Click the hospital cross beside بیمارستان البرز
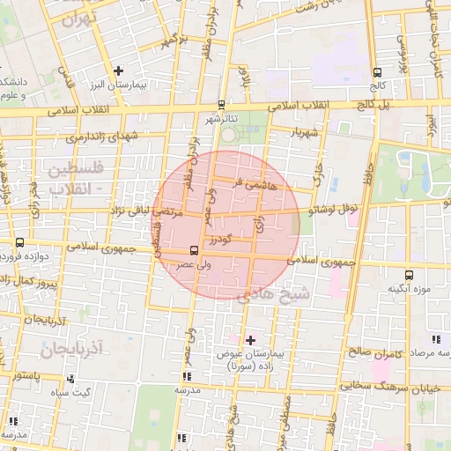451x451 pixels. [x=119, y=70]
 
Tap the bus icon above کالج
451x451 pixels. [x=378, y=73]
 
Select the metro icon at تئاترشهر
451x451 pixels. [x=220, y=103]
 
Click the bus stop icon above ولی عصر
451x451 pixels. [x=194, y=250]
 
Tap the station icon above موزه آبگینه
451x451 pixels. [x=408, y=275]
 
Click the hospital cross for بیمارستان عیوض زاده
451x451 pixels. [x=250, y=340]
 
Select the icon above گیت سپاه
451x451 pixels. [x=70, y=379]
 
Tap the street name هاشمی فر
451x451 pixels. [x=255, y=185]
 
